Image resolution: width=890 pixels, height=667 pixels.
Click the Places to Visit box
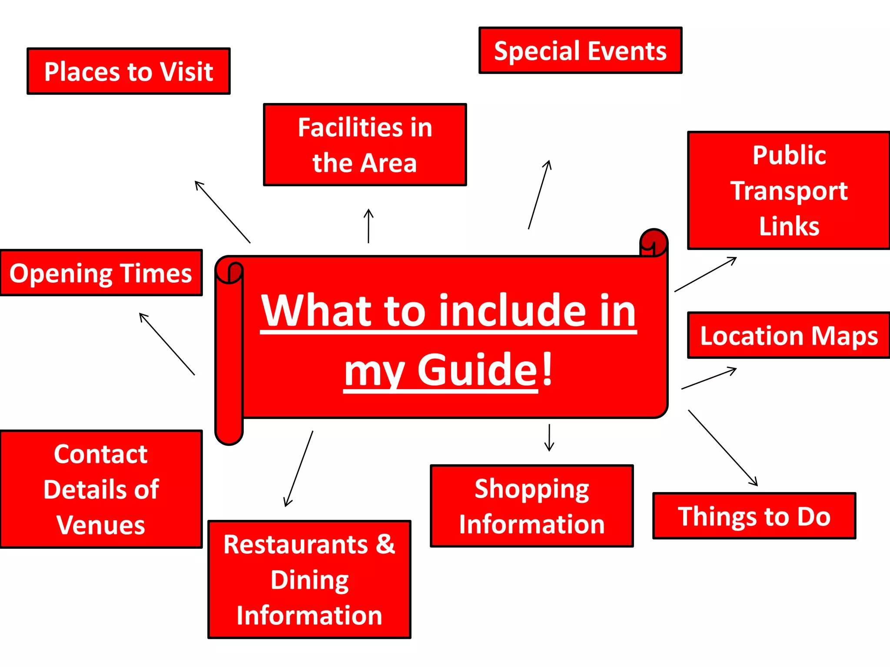point(129,71)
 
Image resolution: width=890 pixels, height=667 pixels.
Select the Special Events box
point(580,50)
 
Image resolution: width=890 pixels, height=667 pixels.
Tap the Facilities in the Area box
point(365,145)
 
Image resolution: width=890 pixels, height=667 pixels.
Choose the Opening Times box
point(101,273)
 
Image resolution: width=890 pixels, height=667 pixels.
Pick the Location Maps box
point(789,335)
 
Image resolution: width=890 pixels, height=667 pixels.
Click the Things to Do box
point(754,516)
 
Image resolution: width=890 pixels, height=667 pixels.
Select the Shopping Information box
point(531,506)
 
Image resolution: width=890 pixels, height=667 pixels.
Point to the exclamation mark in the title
point(547,369)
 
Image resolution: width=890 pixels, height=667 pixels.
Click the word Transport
point(789,191)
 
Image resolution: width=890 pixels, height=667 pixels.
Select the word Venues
point(101,525)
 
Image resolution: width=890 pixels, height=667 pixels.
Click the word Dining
point(309,580)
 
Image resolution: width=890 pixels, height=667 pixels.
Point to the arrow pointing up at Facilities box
point(369,226)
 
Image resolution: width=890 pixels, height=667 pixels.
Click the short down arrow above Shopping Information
point(549,438)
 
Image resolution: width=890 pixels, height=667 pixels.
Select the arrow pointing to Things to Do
point(723,448)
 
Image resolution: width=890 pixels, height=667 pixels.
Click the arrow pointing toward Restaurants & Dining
point(299,469)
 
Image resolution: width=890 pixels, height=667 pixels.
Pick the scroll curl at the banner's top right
point(654,241)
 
